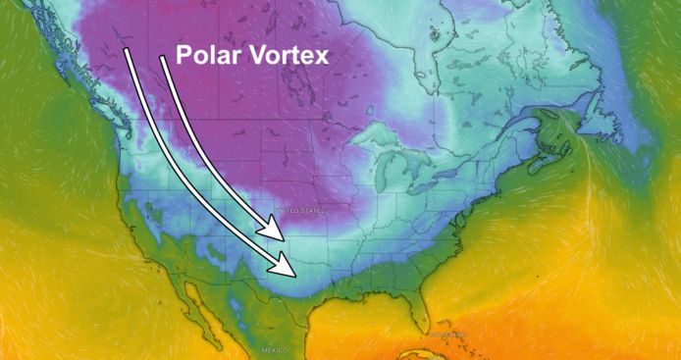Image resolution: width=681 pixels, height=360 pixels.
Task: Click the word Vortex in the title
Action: tap(284, 55)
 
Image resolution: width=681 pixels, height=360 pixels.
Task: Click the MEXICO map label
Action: tap(274, 350)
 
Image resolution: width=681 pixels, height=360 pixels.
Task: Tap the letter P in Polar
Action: tap(183, 55)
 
